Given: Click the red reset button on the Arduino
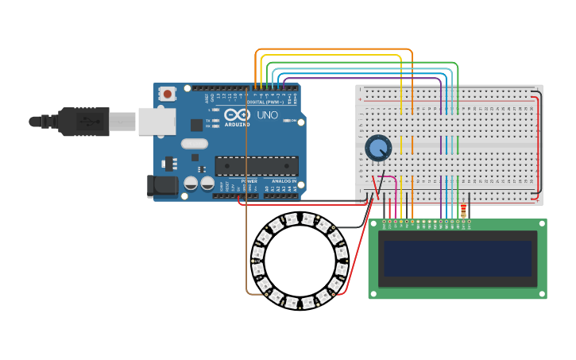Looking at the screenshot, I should click(168, 94).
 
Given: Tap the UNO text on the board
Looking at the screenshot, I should click(268, 115).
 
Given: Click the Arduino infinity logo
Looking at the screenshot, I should click(237, 114).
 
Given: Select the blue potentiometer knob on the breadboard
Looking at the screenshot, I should click(378, 147).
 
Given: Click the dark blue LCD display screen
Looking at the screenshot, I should click(457, 258).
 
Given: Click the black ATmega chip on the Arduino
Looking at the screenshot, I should click(257, 165).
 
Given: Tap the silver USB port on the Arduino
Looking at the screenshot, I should click(157, 121).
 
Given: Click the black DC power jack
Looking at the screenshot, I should click(163, 186).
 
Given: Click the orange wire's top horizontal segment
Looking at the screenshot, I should click(334, 49).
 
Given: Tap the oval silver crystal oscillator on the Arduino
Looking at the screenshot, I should click(194, 144).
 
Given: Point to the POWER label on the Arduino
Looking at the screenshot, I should click(249, 181).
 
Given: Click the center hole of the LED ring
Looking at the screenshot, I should click(300, 259).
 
